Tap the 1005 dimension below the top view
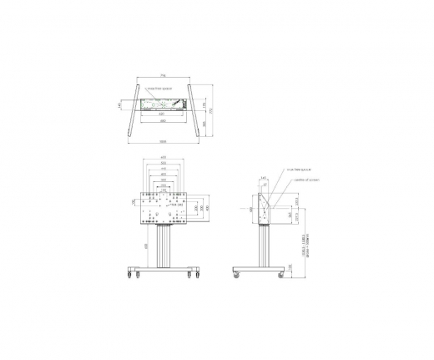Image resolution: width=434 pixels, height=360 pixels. point(164,140)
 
